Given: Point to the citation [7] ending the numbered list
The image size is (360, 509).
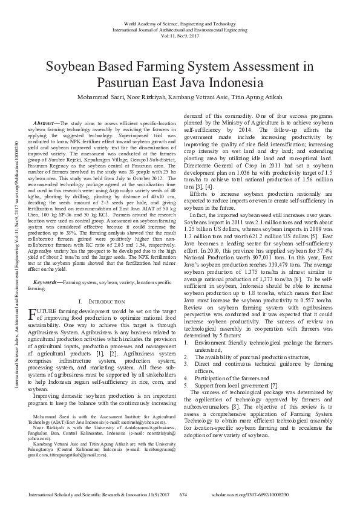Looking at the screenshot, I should (x=274, y=384).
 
